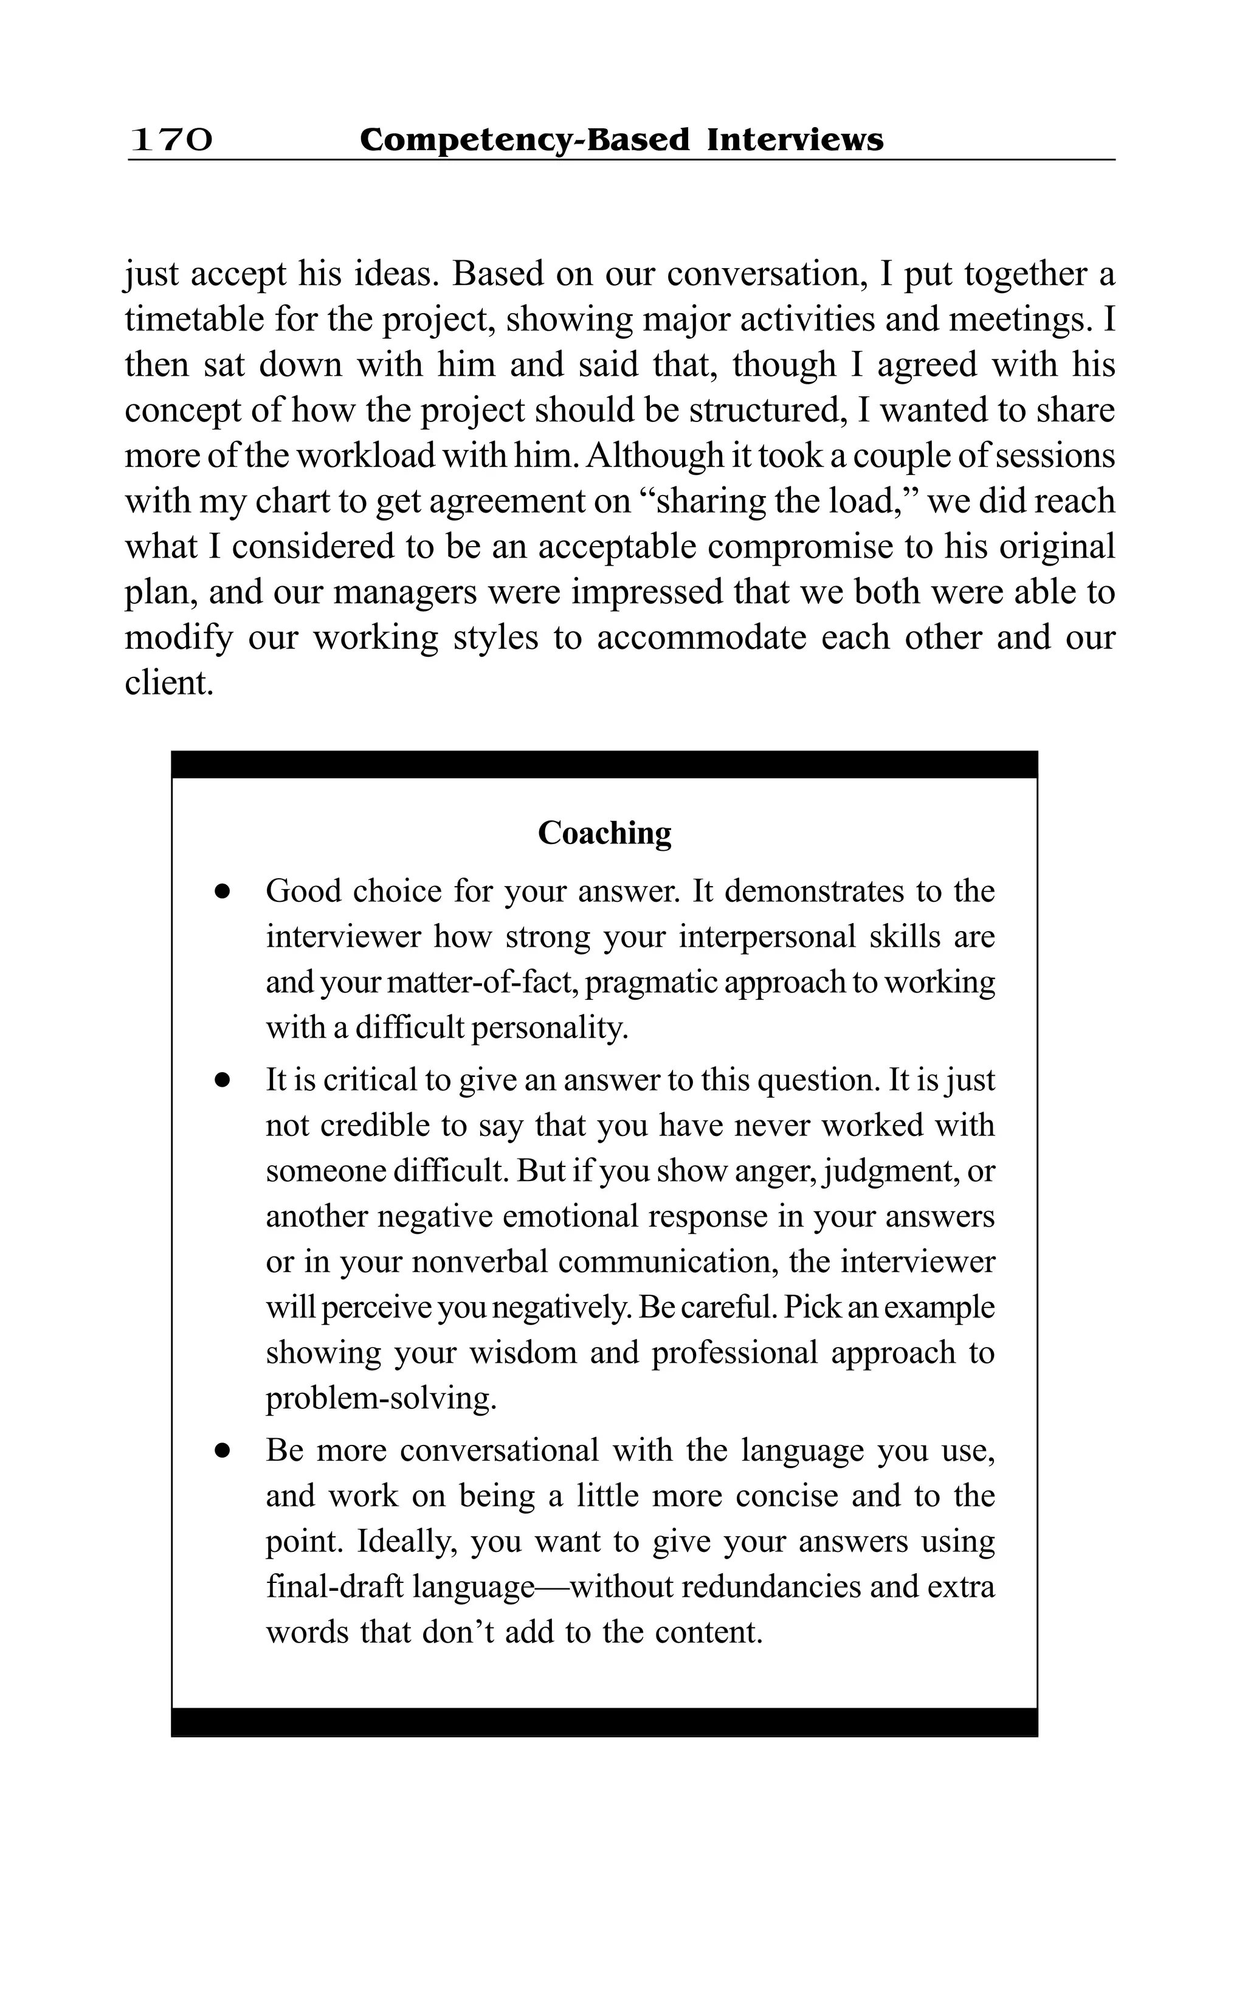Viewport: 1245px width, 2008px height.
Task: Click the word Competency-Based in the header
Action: [525, 140]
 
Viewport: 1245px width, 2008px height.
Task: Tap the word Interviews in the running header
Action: [795, 140]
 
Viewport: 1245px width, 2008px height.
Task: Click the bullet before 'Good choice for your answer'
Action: [221, 892]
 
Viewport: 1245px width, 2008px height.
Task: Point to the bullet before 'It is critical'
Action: [221, 1081]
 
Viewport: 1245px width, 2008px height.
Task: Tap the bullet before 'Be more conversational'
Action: [221, 1451]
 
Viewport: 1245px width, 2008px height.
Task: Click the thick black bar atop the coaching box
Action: [604, 764]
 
